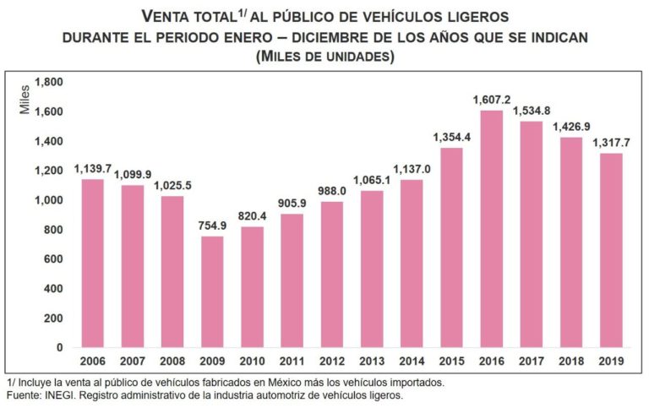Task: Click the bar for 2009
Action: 211,291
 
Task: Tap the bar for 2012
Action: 331,274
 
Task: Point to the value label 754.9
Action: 211,225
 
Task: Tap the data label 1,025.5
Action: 172,185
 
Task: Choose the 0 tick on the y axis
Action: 59,347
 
